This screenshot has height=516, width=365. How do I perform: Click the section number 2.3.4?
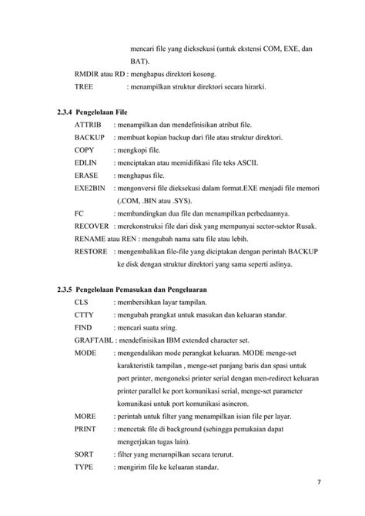[x=67, y=112]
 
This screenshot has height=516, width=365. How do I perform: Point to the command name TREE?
[x=83, y=87]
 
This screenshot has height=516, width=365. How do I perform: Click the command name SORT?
[x=84, y=454]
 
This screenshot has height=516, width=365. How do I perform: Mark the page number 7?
[x=319, y=483]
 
